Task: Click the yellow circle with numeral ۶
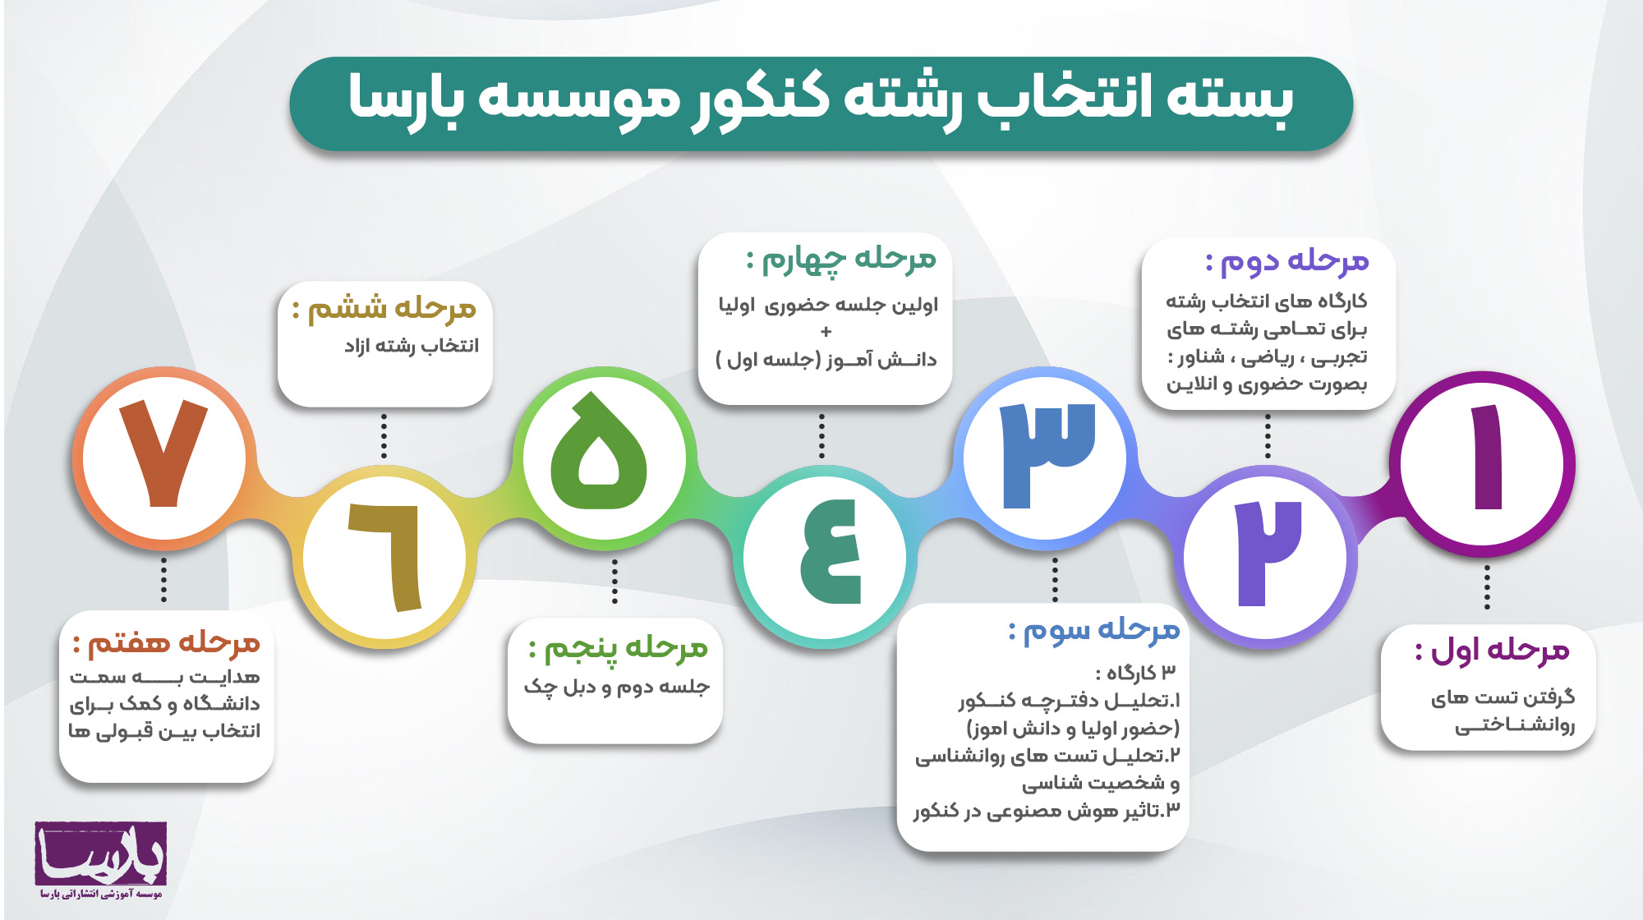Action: coord(384,557)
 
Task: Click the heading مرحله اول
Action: coord(1493,651)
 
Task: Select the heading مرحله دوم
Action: coord(1287,261)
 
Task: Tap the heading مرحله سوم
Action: coord(1094,631)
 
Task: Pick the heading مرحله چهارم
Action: coord(841,260)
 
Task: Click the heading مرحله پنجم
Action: coord(619,649)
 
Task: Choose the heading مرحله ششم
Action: coord(384,309)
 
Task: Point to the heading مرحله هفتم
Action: coord(167,642)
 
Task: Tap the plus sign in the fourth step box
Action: coord(826,332)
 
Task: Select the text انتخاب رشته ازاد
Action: coord(412,346)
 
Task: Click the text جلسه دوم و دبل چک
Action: coord(617,687)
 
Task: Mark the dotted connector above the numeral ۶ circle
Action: coord(384,436)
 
